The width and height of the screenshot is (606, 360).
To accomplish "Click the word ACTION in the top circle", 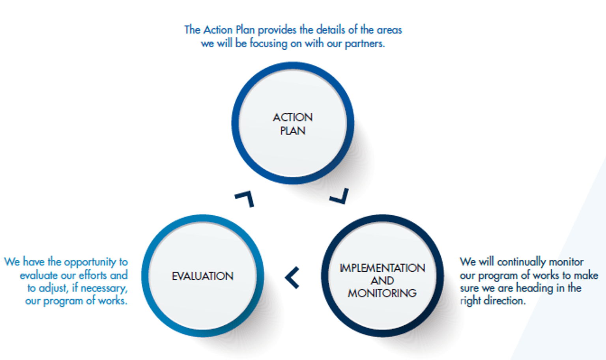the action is click(x=292, y=118).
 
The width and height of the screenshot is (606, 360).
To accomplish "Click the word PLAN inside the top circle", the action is click(x=292, y=131).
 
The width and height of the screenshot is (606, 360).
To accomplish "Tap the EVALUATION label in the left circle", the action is click(x=203, y=276).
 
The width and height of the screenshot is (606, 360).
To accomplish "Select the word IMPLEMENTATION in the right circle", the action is click(x=382, y=268).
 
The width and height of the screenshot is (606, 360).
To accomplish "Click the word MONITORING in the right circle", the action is click(x=382, y=293).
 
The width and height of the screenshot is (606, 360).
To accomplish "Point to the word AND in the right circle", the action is click(x=382, y=280).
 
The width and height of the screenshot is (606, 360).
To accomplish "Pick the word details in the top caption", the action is click(x=331, y=30).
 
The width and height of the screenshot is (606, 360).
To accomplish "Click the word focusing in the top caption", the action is click(x=268, y=43).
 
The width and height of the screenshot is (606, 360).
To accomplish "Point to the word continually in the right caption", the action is click(x=521, y=262).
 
